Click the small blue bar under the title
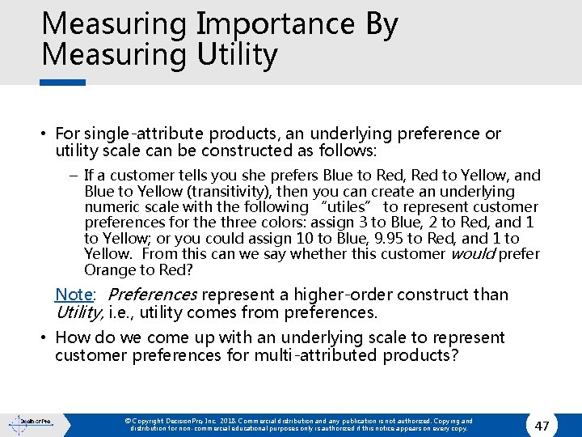[63, 82]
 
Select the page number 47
[542, 425]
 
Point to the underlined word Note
[74, 295]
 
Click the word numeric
[111, 207]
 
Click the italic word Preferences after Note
[152, 295]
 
